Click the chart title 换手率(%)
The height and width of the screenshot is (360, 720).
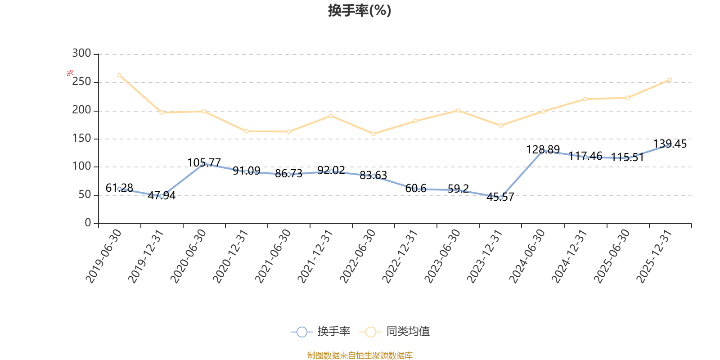[360, 10]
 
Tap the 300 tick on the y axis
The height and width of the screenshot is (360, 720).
[81, 54]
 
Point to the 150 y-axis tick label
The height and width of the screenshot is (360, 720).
[81, 139]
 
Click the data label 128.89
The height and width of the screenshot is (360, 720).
[543, 149]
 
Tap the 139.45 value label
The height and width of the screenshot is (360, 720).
[670, 144]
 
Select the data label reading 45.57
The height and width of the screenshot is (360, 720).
[500, 197]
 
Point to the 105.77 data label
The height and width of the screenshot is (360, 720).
[204, 162]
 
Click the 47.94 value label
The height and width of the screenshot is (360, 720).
[162, 195]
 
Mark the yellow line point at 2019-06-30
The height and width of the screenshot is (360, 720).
[119, 75]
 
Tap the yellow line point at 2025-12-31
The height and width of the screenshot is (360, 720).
[670, 80]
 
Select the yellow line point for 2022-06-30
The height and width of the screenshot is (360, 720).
[373, 134]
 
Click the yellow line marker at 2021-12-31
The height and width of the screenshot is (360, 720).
[331, 116]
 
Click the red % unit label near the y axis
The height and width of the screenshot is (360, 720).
[70, 73]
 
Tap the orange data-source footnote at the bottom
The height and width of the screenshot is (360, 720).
[360, 355]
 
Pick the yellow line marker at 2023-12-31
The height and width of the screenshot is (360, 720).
[500, 126]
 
